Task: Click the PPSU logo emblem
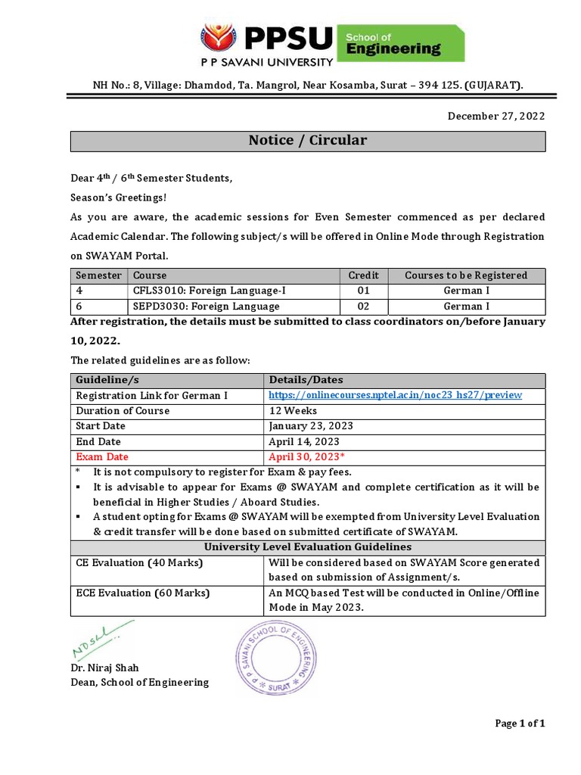(219, 41)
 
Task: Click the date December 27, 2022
(496, 116)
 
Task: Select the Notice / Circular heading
(308, 141)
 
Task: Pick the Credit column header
(363, 275)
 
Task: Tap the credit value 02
(363, 307)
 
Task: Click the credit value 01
(363, 291)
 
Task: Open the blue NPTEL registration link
(396, 395)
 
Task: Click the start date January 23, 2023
(311, 426)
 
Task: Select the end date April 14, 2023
(304, 441)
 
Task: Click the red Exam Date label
(102, 457)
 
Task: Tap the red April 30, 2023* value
(307, 457)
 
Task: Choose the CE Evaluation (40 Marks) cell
(140, 563)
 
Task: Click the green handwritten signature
(101, 639)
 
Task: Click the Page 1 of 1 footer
(520, 724)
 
